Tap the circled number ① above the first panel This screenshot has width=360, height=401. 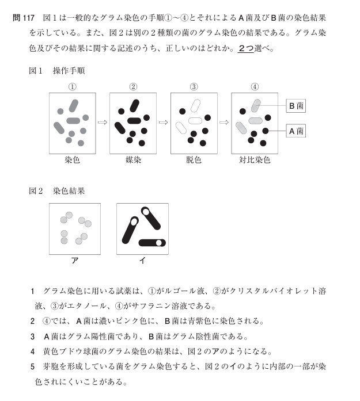pos(73,87)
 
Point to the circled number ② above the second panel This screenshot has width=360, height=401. pos(133,87)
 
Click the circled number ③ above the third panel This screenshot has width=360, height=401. pos(194,87)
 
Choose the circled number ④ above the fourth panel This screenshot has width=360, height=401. pos(255,87)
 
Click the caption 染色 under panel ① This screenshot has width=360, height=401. pos(73,160)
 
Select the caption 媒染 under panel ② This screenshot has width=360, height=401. pos(133,160)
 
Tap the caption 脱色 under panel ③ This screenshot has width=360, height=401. pos(194,160)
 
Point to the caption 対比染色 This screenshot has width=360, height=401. pos(255,160)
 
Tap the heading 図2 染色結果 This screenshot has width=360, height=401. pos(56,190)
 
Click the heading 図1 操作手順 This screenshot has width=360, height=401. pos(56,71)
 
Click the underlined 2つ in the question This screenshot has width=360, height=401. pos(245,48)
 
